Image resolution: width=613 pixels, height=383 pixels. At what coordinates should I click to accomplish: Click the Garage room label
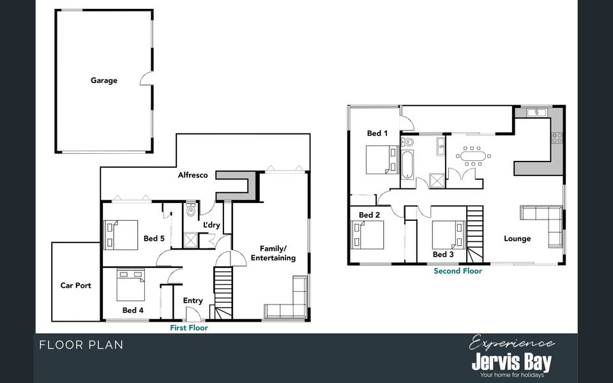(x=103, y=80)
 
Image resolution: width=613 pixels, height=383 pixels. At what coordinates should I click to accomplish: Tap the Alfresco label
(x=192, y=175)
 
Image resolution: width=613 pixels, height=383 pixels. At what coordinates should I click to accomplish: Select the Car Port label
(x=75, y=285)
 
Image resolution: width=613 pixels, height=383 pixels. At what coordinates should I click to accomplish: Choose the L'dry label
(x=211, y=225)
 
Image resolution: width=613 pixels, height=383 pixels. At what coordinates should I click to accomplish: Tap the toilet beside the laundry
(x=191, y=209)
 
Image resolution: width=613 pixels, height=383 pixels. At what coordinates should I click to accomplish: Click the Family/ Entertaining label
(x=273, y=253)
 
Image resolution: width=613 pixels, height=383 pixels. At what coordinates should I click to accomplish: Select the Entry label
(x=193, y=301)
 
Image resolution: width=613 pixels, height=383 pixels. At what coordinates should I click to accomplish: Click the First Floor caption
(x=188, y=327)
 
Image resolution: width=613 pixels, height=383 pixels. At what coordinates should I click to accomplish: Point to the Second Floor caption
(x=458, y=271)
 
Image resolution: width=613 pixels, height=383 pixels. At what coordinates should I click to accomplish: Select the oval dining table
(x=473, y=155)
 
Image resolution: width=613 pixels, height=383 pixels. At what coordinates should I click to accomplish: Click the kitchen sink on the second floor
(x=536, y=113)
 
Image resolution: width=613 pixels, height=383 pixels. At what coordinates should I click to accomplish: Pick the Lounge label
(x=517, y=239)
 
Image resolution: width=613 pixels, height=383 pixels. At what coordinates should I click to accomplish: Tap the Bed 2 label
(x=369, y=215)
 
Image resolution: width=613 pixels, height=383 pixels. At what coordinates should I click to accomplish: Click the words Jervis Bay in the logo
(x=511, y=363)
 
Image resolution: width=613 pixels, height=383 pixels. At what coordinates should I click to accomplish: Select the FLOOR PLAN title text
(x=81, y=345)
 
